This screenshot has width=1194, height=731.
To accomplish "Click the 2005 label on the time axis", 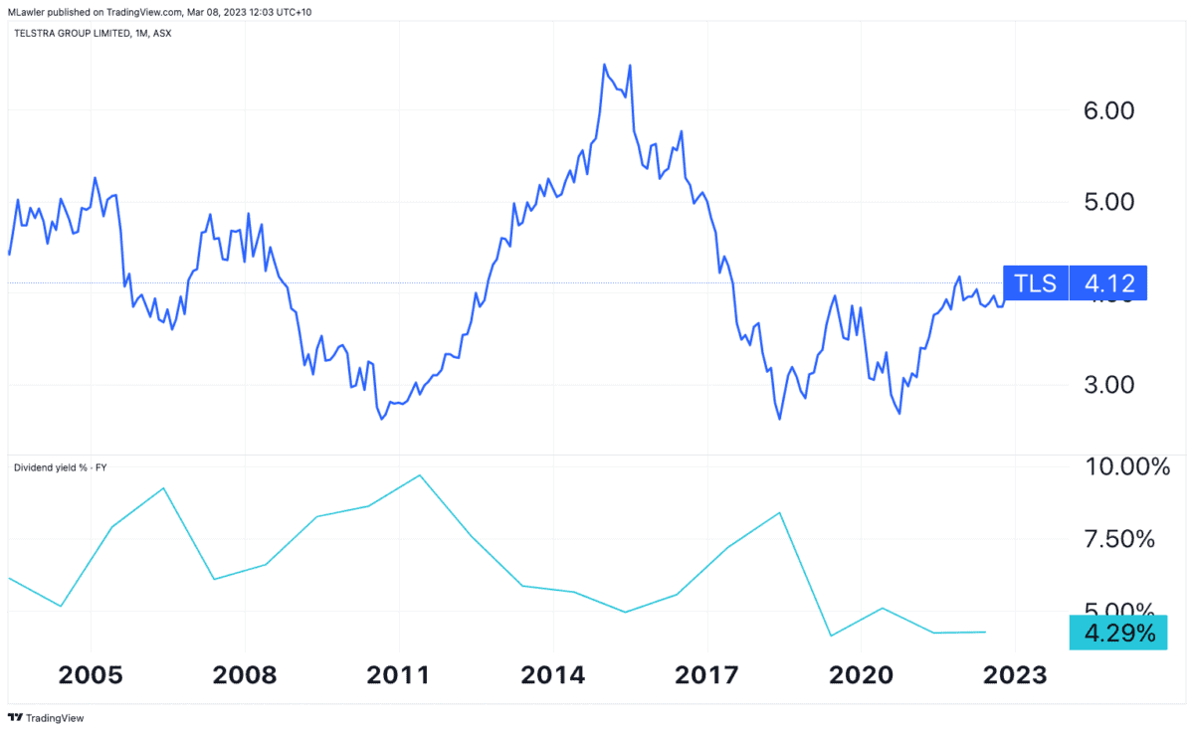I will (91, 675).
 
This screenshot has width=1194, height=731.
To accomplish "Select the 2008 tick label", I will (245, 675).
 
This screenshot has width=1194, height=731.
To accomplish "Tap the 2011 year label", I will (399, 675).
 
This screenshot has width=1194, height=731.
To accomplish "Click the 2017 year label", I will (706, 675).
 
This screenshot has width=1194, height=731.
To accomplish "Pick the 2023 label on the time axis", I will (1015, 675).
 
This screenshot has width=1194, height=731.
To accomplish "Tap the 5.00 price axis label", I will (1106, 202).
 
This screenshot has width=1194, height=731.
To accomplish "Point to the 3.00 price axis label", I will (1106, 385).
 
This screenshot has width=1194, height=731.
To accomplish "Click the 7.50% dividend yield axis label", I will (1119, 540).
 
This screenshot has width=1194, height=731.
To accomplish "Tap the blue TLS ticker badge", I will (1035, 283).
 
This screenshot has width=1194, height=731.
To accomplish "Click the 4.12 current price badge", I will (1107, 283).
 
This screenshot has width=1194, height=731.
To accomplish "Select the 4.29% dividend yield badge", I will (1117, 633).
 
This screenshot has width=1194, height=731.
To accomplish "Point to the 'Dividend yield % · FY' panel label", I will (59, 465).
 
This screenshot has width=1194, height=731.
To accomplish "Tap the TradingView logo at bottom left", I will (46, 717).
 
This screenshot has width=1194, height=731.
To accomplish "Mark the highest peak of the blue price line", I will (605, 65).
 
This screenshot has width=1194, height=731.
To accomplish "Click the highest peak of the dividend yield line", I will (420, 474).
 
